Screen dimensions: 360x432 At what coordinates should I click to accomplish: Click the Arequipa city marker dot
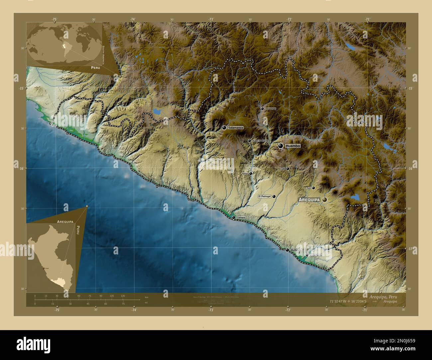pyautogui.click(x=324, y=200)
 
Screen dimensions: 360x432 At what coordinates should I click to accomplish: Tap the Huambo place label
pyautogui.click(x=293, y=146)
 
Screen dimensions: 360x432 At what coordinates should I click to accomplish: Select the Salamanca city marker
pyautogui.click(x=224, y=128)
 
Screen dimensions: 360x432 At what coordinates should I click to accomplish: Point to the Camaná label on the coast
pyautogui.click(x=241, y=218)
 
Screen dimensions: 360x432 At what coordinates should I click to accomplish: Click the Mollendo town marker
pyautogui.click(x=287, y=250)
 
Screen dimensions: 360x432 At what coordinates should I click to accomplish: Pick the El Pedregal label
pyautogui.click(x=265, y=197)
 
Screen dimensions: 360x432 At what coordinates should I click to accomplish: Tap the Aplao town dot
pyautogui.click(x=251, y=173)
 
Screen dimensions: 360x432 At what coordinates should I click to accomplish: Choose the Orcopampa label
pyautogui.click(x=270, y=109)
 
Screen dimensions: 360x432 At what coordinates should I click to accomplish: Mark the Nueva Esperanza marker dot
pyautogui.click(x=250, y=141)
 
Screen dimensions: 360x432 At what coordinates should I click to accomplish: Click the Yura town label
pyautogui.click(x=308, y=188)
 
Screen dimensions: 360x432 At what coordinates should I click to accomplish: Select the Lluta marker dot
pyautogui.click(x=288, y=169)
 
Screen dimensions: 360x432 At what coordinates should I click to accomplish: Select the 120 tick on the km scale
pyautogui.click(x=123, y=296)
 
